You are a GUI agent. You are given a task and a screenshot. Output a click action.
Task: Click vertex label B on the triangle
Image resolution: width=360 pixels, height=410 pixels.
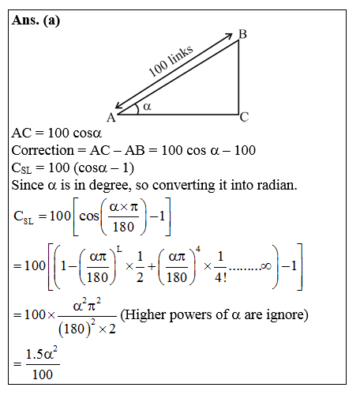(x=242, y=34)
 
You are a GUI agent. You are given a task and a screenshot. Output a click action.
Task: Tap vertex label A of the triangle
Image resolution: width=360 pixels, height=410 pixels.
(x=111, y=118)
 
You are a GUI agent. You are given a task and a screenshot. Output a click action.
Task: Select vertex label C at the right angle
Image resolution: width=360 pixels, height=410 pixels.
(x=245, y=118)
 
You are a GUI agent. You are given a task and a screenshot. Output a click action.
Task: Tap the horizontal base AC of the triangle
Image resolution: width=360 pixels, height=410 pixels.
(x=178, y=114)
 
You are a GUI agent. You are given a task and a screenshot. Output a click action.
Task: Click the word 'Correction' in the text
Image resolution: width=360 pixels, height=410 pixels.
(x=44, y=150)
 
